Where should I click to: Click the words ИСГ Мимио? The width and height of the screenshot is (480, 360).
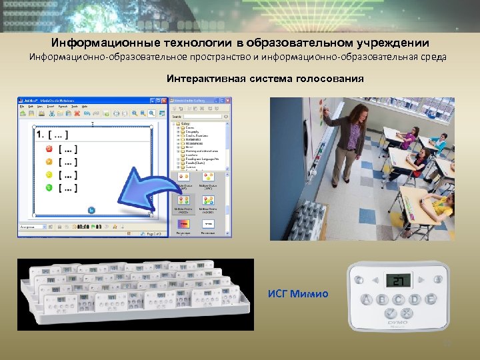pos(298,293)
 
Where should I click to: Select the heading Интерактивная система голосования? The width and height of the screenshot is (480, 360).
pos(265,79)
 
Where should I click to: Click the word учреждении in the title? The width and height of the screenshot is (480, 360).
pos(391,43)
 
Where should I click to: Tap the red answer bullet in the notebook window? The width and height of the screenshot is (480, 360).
pos(48,151)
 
